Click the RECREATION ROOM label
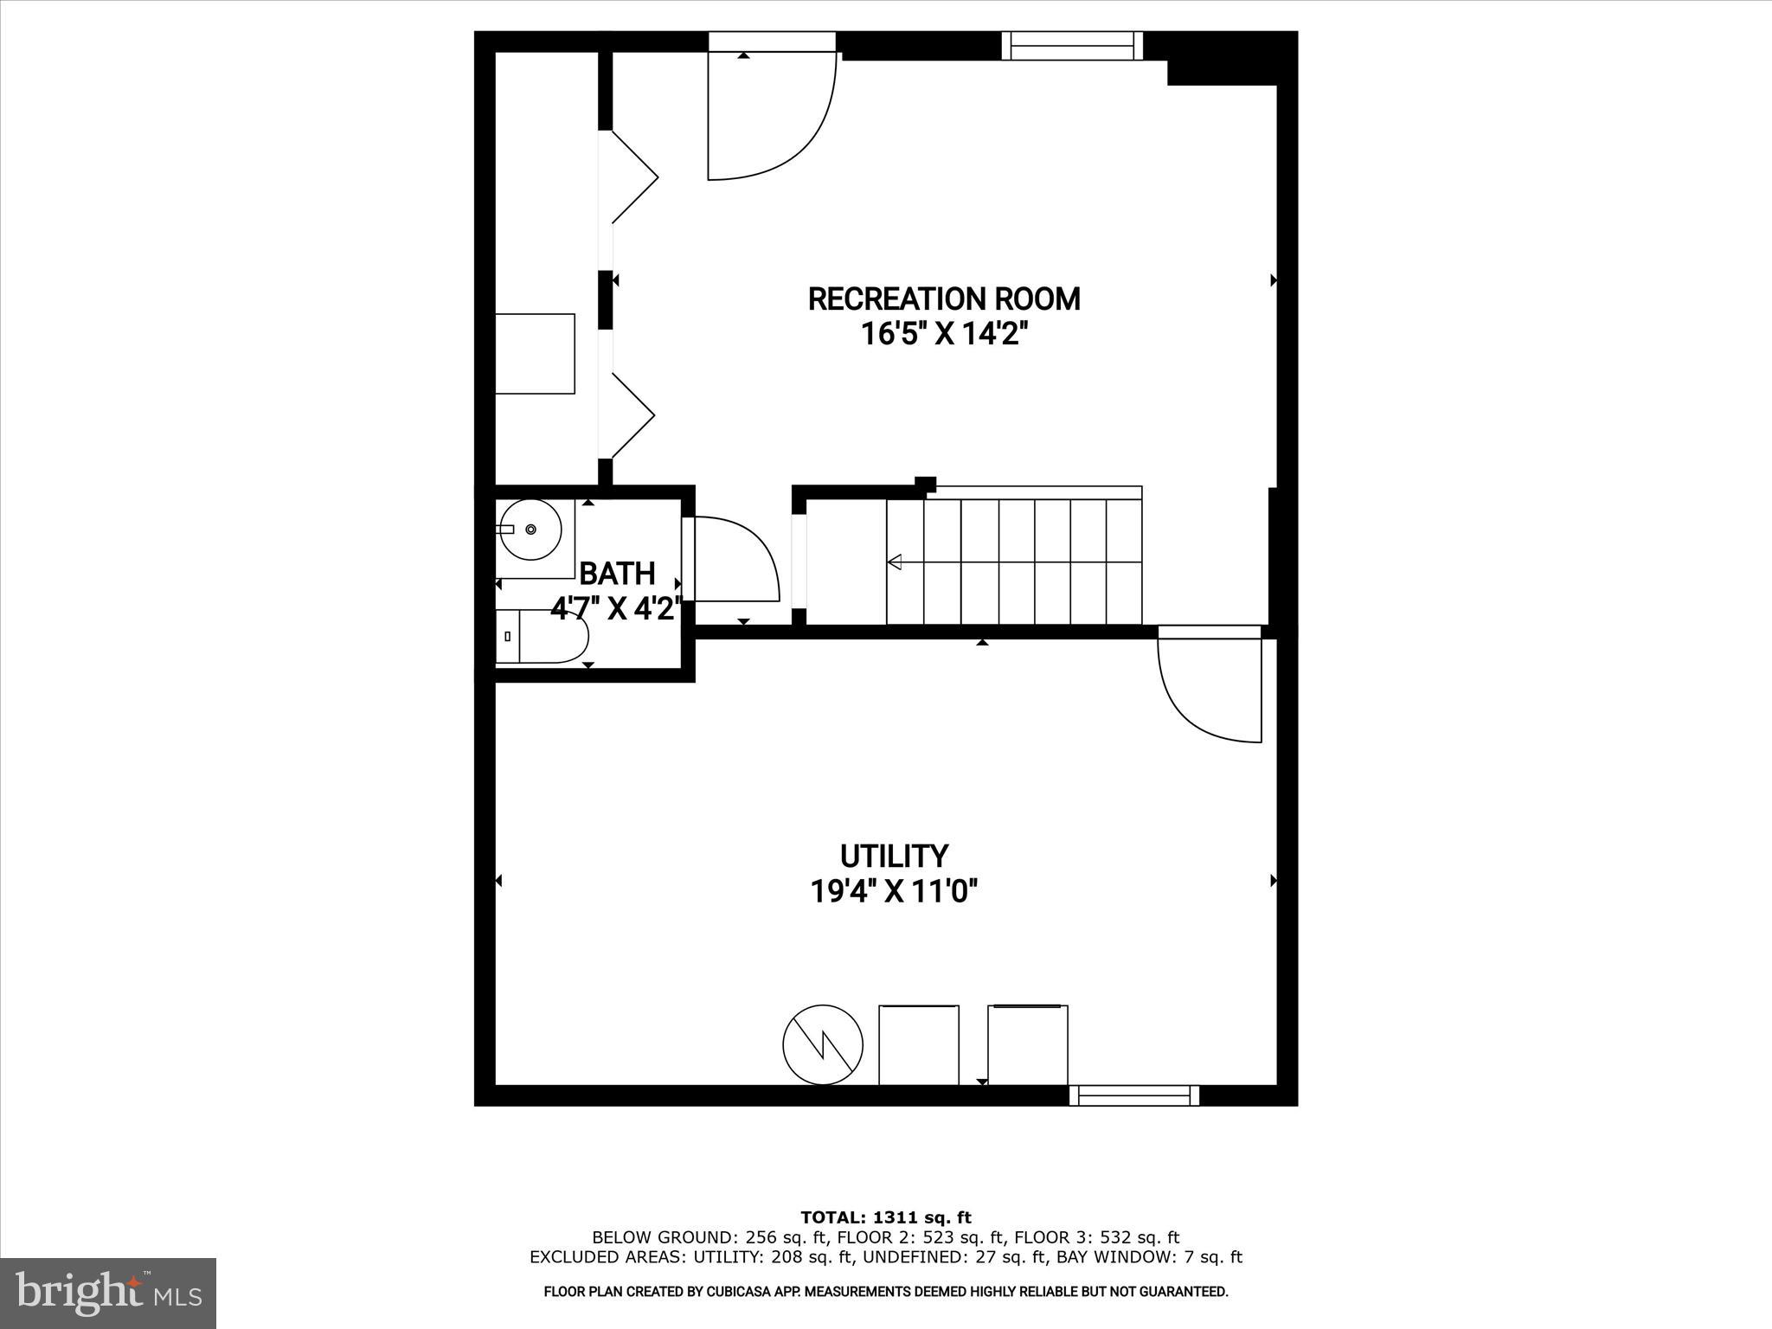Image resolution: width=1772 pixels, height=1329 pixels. point(944,299)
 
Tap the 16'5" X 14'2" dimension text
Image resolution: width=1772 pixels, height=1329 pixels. point(944,334)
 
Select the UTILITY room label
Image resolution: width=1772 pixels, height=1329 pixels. point(894,856)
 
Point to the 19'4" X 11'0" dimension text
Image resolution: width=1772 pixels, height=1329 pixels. point(894,890)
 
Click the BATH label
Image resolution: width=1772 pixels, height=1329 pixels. point(617,573)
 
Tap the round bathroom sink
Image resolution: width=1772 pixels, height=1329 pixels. point(530,529)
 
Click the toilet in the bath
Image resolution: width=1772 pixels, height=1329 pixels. point(542,637)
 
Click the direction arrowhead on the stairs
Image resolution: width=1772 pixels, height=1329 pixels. point(895,562)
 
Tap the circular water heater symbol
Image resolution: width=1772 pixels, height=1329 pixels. point(823,1044)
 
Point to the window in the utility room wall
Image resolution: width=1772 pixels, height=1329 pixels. point(1133,1095)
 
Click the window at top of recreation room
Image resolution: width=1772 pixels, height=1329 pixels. point(1073,45)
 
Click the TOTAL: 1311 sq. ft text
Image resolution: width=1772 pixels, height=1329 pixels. point(886,1218)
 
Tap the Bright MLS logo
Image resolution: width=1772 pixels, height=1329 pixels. point(108,1293)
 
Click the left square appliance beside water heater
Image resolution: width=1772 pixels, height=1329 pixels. point(919,1044)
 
